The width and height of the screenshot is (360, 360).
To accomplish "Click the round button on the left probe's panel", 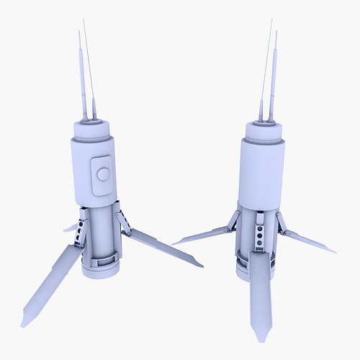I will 103,174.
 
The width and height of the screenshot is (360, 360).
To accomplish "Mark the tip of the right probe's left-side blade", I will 174,243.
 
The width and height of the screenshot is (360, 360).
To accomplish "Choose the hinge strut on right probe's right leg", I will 282,223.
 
